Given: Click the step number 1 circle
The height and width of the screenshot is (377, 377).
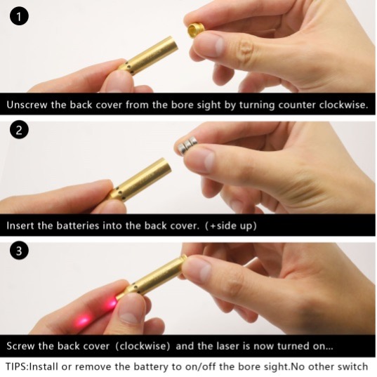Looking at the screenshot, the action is [19, 16].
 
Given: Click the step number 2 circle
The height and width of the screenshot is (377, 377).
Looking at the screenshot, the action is [19, 130].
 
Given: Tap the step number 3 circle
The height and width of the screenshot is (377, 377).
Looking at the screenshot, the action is [19, 251].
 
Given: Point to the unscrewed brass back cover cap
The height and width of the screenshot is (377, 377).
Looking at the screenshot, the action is [196, 29].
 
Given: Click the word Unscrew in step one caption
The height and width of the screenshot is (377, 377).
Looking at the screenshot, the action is [27, 105].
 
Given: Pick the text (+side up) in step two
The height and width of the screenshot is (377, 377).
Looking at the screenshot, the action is [231, 226].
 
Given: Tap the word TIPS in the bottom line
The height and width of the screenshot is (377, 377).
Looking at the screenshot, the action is [16, 367].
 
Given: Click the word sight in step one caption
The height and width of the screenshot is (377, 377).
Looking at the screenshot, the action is [208, 106].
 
